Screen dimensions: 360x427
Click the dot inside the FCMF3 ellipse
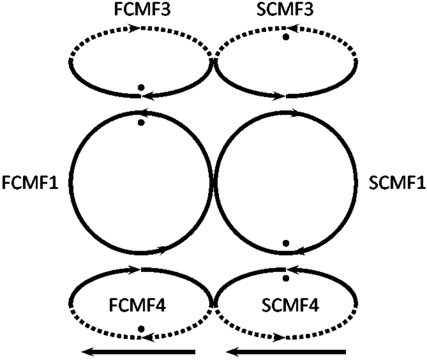click(x=141, y=87)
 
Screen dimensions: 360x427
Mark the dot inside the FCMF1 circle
click(x=141, y=122)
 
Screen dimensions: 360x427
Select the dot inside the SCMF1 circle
click(x=286, y=243)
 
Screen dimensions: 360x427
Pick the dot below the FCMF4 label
click(x=141, y=328)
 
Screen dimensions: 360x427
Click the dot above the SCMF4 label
click(x=286, y=278)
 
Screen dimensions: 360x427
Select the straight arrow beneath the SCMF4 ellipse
click(x=285, y=351)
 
